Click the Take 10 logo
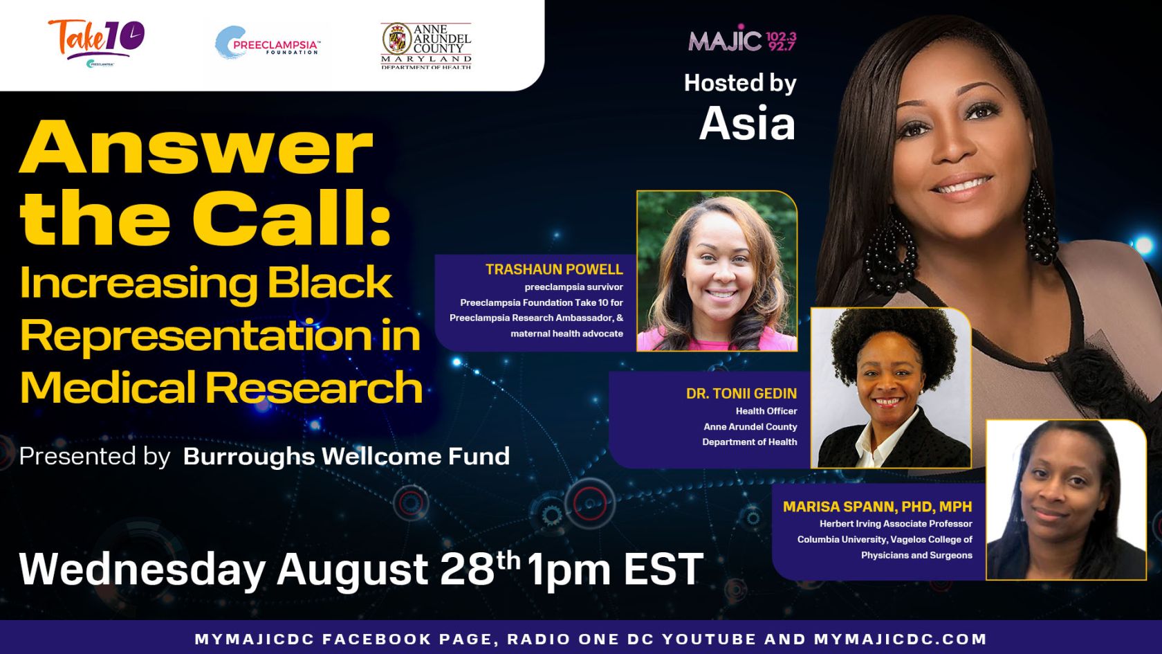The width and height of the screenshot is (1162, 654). click(x=97, y=43)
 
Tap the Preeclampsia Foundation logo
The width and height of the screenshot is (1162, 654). click(x=268, y=43)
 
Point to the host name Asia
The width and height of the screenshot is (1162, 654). click(x=747, y=123)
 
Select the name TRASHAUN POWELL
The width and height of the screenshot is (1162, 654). click(x=554, y=269)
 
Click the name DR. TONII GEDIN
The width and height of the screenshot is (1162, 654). click(x=741, y=393)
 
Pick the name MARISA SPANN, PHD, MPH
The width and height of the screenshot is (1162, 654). click(x=878, y=507)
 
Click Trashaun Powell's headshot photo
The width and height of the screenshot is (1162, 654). click(x=717, y=271)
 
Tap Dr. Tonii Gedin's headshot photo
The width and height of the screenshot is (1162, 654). click(x=891, y=388)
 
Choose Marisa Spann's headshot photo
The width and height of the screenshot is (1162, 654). click(x=1066, y=500)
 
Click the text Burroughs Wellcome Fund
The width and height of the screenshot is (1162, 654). click(x=347, y=456)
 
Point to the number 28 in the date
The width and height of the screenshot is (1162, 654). click(x=466, y=570)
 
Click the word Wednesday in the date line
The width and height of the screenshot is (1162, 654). click(x=142, y=570)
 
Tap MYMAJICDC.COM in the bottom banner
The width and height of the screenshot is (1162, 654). click(x=900, y=639)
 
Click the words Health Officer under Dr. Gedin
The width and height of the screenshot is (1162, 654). click(x=766, y=411)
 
